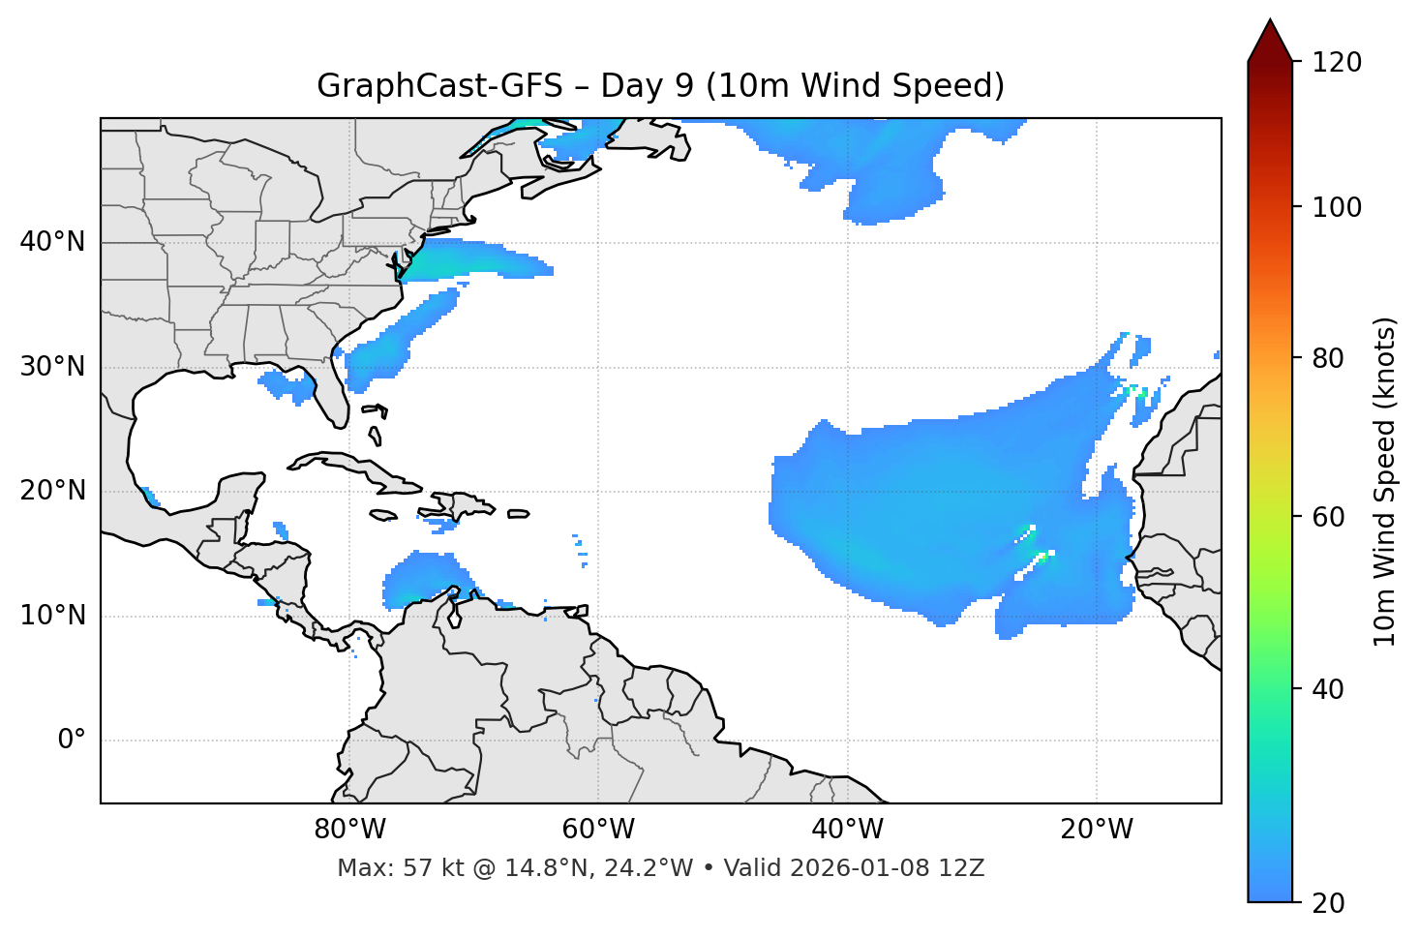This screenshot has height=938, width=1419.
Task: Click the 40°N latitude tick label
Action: [x=52, y=242]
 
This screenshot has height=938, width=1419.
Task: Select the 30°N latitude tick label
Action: [x=52, y=367]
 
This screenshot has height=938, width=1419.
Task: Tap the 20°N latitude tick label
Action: [x=52, y=491]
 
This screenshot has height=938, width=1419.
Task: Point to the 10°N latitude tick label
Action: [x=52, y=616]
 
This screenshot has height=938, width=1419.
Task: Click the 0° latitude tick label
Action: [x=71, y=741]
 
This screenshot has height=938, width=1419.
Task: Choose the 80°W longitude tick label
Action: [x=349, y=830]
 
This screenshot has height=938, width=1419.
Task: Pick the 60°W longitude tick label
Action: [x=598, y=830]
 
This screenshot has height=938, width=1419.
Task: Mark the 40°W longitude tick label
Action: [x=847, y=830]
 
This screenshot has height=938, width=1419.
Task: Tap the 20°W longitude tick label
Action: [x=1096, y=830]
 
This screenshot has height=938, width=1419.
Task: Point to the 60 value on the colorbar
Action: [x=1328, y=517]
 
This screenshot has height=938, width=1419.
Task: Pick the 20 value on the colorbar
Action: [x=1328, y=903]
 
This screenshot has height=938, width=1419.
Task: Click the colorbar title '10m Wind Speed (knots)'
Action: [x=1385, y=482]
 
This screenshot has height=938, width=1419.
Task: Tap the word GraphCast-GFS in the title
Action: [x=439, y=86]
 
